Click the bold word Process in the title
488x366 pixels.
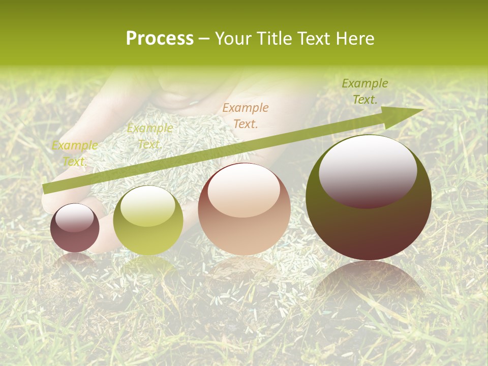tap(160, 39)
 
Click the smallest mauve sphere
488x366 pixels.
tap(75, 228)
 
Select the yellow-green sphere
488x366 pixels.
tap(148, 220)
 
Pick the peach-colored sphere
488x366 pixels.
tap(244, 209)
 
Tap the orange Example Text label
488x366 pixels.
tap(246, 115)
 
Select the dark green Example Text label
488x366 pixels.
tap(365, 91)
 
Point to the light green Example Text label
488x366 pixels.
tap(149, 136)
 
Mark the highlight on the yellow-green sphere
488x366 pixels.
tap(147, 205)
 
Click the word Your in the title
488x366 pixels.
tap(232, 39)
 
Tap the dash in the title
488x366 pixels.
tap(204, 39)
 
